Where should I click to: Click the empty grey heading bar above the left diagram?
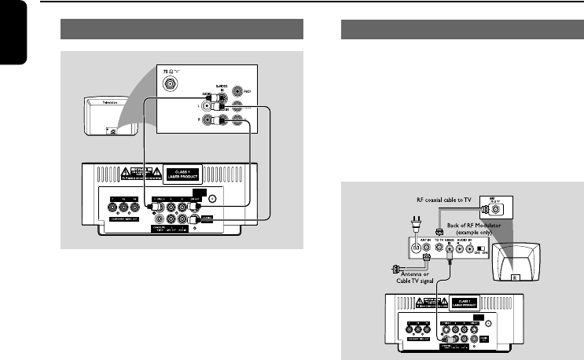click(x=182, y=30)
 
